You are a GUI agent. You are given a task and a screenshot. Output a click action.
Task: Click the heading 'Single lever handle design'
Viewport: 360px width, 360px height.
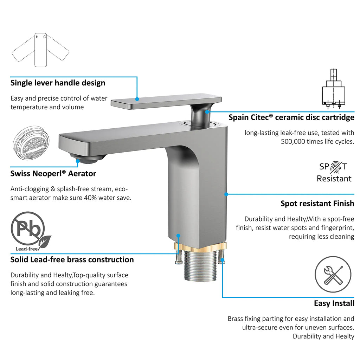(x=58, y=83)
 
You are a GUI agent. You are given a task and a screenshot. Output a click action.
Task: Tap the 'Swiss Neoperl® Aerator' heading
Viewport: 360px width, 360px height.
(x=53, y=174)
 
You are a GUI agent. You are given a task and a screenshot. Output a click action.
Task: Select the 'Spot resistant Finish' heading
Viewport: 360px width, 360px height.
(x=317, y=204)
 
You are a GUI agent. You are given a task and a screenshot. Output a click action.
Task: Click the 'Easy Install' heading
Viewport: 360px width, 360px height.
(x=334, y=303)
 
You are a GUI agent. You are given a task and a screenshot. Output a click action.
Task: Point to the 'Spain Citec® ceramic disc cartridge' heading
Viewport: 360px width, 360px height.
(x=291, y=117)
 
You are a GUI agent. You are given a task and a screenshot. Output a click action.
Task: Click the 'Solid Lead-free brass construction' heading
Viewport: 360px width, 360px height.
(x=72, y=260)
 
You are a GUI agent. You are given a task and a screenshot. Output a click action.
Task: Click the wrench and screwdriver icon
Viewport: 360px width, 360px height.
(x=333, y=274)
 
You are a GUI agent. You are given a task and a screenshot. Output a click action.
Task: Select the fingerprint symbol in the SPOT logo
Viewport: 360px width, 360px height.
(x=336, y=167)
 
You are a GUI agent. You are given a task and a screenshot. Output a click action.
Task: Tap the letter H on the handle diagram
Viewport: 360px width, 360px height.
(x=37, y=37)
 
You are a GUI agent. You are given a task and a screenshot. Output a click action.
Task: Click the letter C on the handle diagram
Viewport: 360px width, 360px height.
(x=45, y=37)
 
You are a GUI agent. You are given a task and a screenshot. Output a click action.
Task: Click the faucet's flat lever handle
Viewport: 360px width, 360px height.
(x=166, y=101)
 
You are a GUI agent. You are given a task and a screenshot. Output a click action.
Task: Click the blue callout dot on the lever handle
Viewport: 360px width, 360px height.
(x=137, y=99)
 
